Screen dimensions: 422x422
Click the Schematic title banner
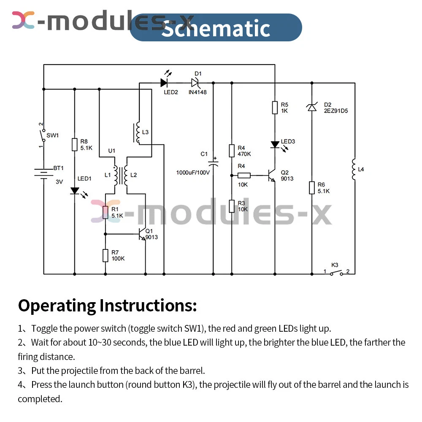pyautogui.click(x=216, y=28)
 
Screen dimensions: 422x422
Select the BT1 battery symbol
pyautogui.click(x=43, y=173)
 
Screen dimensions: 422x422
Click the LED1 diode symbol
pyautogui.click(x=75, y=191)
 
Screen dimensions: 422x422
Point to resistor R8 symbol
pyautogui.click(x=75, y=144)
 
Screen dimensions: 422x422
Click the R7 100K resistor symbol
pyautogui.click(x=105, y=255)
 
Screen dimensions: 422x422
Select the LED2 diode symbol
pyautogui.click(x=165, y=83)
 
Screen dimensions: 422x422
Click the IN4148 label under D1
pyautogui.click(x=197, y=92)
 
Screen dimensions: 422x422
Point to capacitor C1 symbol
pyautogui.click(x=213, y=163)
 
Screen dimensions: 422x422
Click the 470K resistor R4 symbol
pyautogui.click(x=232, y=151)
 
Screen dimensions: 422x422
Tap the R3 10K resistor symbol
pyautogui.click(x=232, y=206)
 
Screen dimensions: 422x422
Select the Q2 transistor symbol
pyautogui.click(x=271, y=176)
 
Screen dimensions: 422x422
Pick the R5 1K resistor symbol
pyautogui.click(x=275, y=107)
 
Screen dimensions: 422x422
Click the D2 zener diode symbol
pyautogui.click(x=311, y=108)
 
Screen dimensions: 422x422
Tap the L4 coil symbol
pyautogui.click(x=354, y=169)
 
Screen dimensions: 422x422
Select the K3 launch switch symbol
pyautogui.click(x=336, y=273)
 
